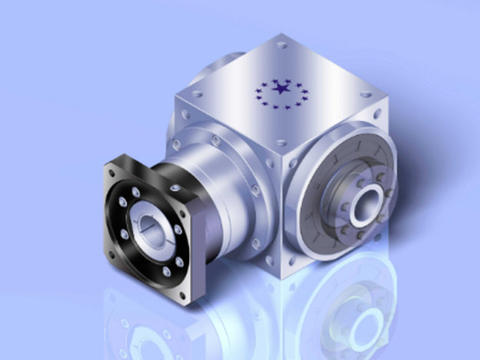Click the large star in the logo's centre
click(282, 90)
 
